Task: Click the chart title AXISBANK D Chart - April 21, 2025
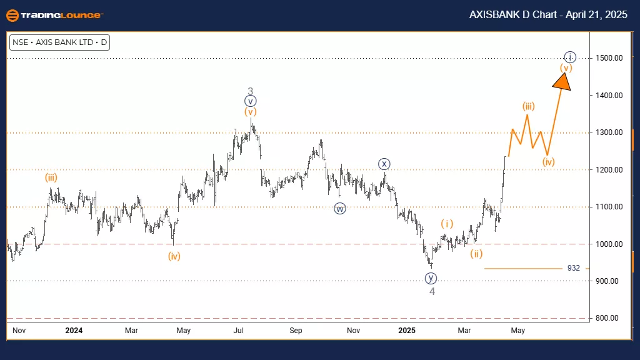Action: pyautogui.click(x=551, y=15)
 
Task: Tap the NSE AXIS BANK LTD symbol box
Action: pyautogui.click(x=59, y=43)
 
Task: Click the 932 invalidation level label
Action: pyautogui.click(x=573, y=268)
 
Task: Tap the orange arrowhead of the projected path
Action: pyautogui.click(x=563, y=81)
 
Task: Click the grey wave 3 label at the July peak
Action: pyautogui.click(x=250, y=91)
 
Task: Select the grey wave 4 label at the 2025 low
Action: pyautogui.click(x=431, y=291)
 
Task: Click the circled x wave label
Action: pyautogui.click(x=384, y=164)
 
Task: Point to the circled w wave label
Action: pyautogui.click(x=339, y=209)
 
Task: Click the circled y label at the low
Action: pyautogui.click(x=431, y=278)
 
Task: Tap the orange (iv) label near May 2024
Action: pyautogui.click(x=174, y=256)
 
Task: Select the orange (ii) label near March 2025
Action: pyautogui.click(x=476, y=253)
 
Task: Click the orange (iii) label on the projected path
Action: pyautogui.click(x=528, y=106)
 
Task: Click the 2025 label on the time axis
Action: pyautogui.click(x=407, y=330)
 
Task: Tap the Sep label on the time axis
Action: pyautogui.click(x=296, y=330)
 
